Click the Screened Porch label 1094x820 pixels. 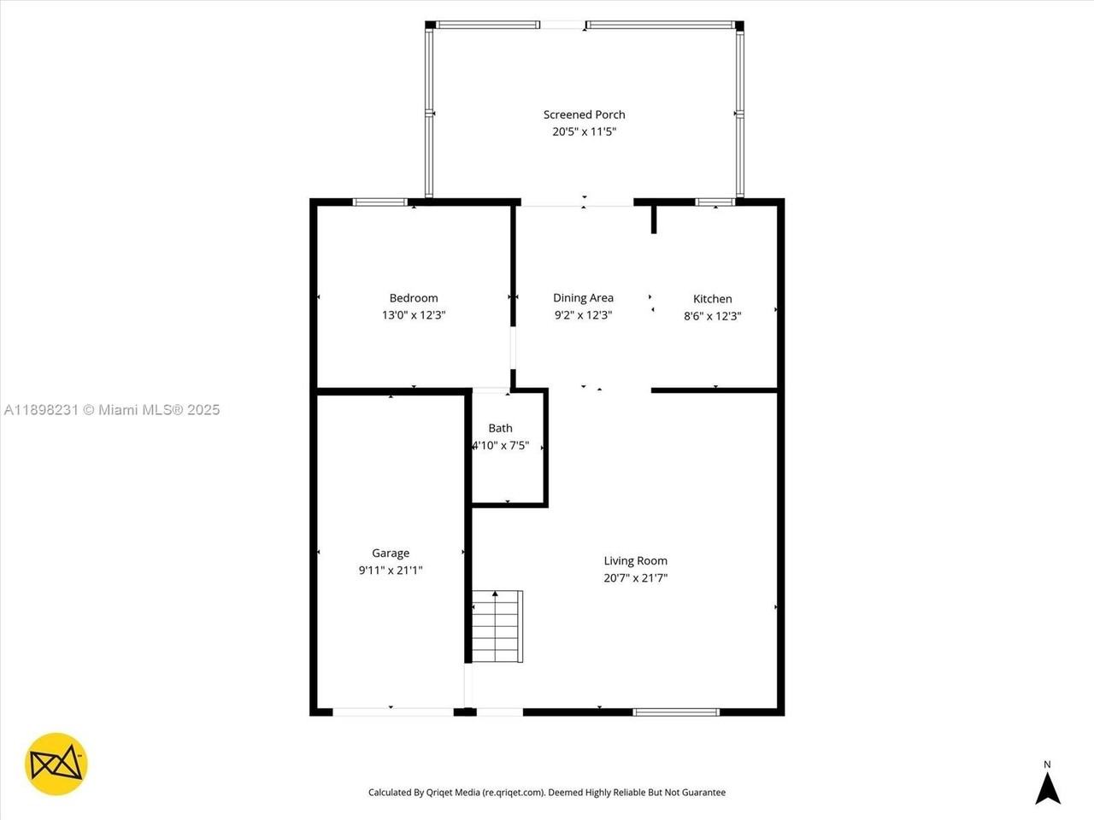pos(584,114)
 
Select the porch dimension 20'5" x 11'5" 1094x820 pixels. pos(584,132)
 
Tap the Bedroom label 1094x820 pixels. pos(414,298)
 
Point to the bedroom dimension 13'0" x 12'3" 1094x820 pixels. pos(414,315)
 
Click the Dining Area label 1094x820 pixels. pos(583,298)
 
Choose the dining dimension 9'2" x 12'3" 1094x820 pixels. pos(583,315)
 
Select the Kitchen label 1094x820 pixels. pos(712,299)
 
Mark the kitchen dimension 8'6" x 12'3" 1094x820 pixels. pos(712,316)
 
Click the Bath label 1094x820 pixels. pos(500,428)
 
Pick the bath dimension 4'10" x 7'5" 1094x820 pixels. pos(501,445)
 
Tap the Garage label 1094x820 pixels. pos(390,553)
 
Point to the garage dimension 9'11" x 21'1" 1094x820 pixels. pos(390,571)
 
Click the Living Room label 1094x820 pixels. pos(635,561)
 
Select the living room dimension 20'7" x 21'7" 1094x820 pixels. pos(635,578)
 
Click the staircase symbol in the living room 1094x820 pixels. pos(497,626)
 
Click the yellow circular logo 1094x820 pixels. pos(56,764)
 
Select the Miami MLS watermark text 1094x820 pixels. pos(111,410)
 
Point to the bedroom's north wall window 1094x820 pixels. pos(380,202)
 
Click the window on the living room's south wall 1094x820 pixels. pos(675,712)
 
